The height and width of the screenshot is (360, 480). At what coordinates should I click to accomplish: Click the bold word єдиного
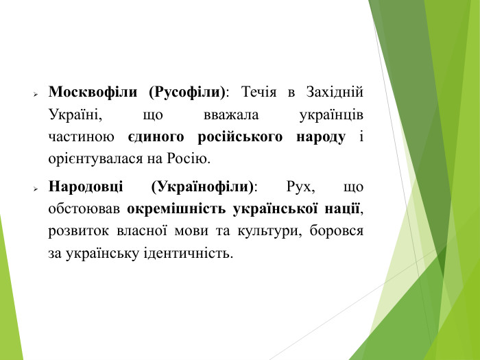click(x=158, y=136)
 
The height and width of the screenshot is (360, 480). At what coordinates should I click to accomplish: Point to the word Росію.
click(x=186, y=159)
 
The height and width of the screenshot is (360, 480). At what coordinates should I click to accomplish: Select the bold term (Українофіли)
click(x=202, y=186)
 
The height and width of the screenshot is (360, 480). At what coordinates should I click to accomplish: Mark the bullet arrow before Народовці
click(x=35, y=187)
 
